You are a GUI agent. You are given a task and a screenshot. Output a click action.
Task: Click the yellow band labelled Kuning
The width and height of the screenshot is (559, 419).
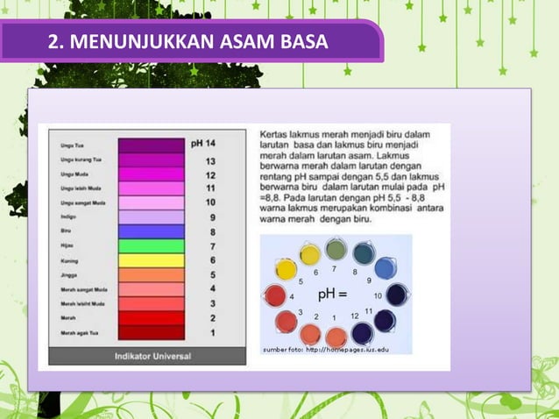[x=151, y=260]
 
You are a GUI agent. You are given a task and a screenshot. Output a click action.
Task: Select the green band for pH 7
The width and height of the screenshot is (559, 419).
[x=151, y=246]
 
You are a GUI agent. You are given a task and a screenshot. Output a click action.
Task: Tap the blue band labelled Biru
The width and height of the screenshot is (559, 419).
[x=151, y=232]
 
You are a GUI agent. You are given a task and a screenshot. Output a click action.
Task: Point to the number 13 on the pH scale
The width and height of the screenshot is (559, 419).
[x=210, y=161]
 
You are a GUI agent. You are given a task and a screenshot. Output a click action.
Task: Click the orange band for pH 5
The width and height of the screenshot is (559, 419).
[x=151, y=274]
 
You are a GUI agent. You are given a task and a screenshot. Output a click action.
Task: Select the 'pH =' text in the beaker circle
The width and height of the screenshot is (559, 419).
[x=331, y=293]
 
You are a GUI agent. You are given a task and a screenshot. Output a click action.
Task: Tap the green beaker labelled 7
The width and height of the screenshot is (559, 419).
[x=336, y=251]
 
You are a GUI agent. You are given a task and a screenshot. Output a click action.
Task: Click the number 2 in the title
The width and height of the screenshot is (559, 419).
[x=53, y=41]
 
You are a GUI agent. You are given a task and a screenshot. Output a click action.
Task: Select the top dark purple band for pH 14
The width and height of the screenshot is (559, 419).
[x=151, y=146]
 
